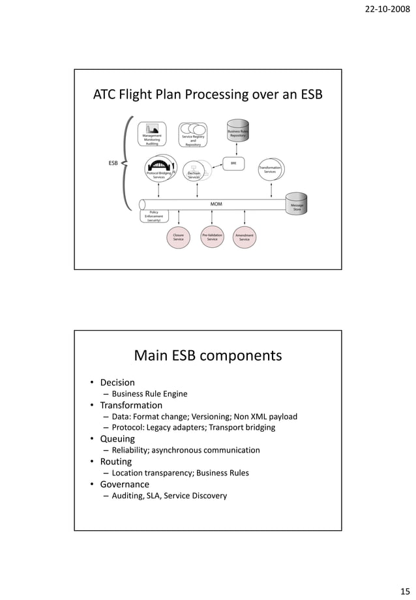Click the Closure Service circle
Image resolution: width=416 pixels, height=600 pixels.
178,237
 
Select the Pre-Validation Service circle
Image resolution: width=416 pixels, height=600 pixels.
212,237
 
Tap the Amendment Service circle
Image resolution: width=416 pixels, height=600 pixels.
245,237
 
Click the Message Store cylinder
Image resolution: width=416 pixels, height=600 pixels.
297,204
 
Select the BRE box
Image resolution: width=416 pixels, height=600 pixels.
233,163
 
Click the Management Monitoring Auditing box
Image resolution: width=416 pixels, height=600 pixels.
152,135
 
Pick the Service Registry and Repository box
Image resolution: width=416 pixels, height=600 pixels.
193,135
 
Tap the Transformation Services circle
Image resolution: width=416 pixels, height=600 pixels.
270,169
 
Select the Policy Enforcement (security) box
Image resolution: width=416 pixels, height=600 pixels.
154,216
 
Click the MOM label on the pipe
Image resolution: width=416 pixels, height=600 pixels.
216,204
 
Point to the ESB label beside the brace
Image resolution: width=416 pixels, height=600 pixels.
113,163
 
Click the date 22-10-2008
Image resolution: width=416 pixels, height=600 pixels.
388,12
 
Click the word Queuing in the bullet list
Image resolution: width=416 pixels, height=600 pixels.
117,439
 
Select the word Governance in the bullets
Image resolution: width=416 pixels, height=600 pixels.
125,485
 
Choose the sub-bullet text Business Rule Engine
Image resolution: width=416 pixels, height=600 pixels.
149,394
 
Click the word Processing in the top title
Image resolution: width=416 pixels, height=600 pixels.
215,95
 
